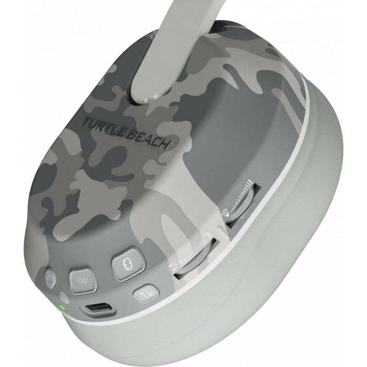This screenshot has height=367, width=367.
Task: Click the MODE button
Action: pos(83,280)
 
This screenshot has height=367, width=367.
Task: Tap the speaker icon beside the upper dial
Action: pos(225,212)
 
